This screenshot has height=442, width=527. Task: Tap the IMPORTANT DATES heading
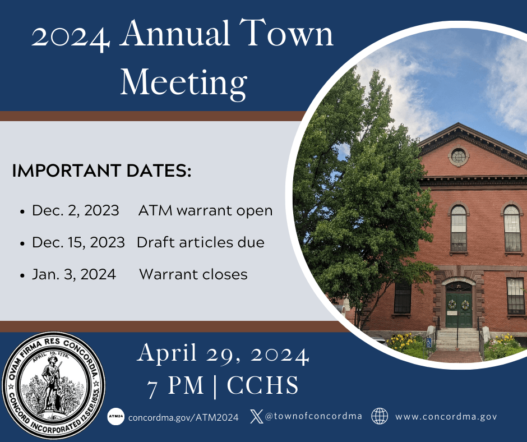point(101,171)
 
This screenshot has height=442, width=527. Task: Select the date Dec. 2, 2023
point(75,211)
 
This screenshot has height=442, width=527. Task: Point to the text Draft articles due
point(200,243)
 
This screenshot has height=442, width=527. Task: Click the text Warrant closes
point(193,275)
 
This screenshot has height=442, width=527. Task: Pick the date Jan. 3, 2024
point(73,275)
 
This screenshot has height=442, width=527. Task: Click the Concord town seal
point(54,388)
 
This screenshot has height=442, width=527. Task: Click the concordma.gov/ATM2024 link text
point(183,417)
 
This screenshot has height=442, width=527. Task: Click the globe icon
point(380,416)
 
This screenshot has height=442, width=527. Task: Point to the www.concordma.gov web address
point(446,417)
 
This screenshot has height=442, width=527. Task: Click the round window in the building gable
point(458,156)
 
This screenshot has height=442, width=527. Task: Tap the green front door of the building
point(459,309)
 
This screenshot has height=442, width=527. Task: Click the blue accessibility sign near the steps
point(429,342)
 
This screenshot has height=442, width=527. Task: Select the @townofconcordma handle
point(313,417)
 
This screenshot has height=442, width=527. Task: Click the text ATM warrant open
point(205,211)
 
